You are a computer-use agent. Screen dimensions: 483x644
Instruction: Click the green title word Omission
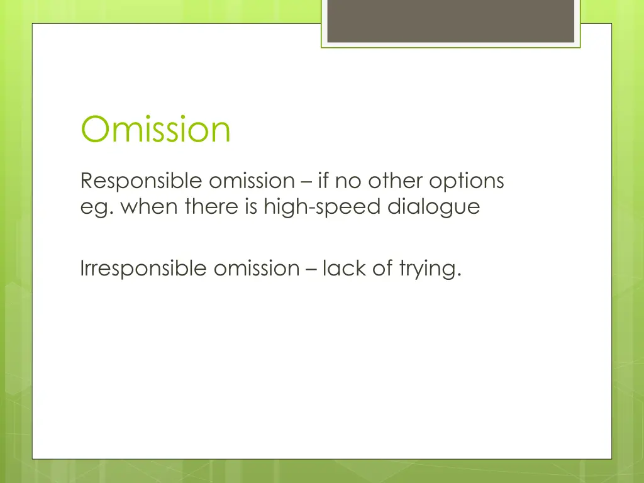pyautogui.click(x=155, y=130)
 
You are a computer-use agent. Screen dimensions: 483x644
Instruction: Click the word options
pyautogui.click(x=467, y=181)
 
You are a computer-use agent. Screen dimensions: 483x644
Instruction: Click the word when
pyautogui.click(x=144, y=206)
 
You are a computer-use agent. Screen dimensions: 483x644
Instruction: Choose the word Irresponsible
pyautogui.click(x=144, y=269)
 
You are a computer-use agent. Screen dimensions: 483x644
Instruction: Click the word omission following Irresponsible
pyautogui.click(x=257, y=269)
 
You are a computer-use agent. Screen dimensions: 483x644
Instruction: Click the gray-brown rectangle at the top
pyautogui.click(x=451, y=21)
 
